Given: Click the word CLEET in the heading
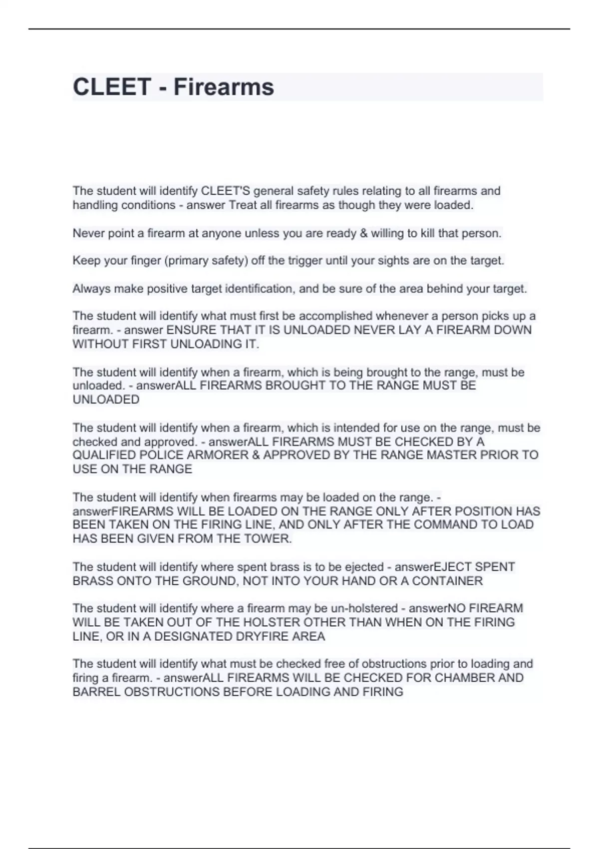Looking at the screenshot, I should (x=112, y=87).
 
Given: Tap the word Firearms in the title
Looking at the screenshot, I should (x=224, y=87).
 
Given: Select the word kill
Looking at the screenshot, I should (x=427, y=233).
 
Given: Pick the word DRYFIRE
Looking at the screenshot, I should (x=264, y=637).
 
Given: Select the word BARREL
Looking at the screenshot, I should (x=96, y=692).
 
